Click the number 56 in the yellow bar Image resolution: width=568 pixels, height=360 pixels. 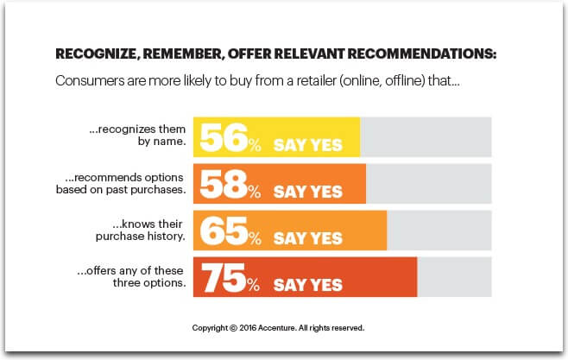pyautogui.click(x=224, y=137)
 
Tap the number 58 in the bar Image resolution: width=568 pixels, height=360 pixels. pyautogui.click(x=224, y=185)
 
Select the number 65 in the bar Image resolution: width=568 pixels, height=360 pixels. pyautogui.click(x=224, y=231)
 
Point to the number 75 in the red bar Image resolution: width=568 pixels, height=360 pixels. pyautogui.click(x=224, y=278)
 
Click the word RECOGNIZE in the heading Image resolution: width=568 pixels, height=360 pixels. pyautogui.click(x=95, y=54)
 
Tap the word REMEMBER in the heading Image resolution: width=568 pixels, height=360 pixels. pyautogui.click(x=182, y=54)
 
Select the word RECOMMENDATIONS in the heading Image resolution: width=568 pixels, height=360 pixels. pyautogui.click(x=421, y=54)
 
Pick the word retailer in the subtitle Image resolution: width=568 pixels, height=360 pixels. pyautogui.click(x=316, y=80)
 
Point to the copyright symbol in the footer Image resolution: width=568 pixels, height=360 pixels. pyautogui.click(x=233, y=328)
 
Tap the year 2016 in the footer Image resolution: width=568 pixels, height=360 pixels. pyautogui.click(x=248, y=328)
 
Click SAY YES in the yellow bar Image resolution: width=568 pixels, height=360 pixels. pyautogui.click(x=308, y=145)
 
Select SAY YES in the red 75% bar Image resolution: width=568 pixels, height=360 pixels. pyautogui.click(x=308, y=286)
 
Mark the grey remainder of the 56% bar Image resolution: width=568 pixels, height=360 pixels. pyautogui.click(x=426, y=137)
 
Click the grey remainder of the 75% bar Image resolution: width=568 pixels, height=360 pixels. pyautogui.click(x=454, y=277)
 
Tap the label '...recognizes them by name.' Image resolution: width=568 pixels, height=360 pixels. pyautogui.click(x=137, y=135)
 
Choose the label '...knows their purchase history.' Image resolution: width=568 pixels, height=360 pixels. pyautogui.click(x=140, y=230)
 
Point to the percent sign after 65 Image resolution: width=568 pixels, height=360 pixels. pyautogui.click(x=255, y=238)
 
